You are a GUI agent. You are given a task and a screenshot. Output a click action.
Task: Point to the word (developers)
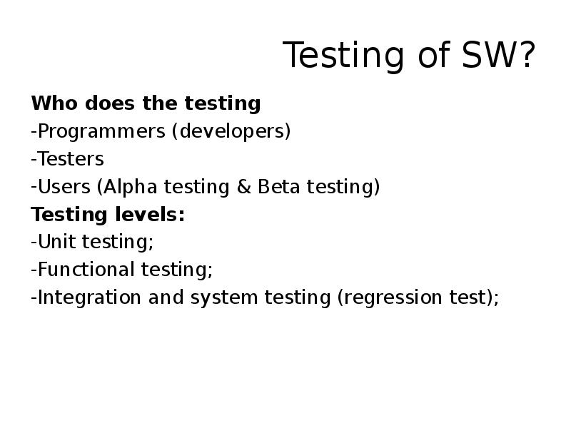(x=231, y=132)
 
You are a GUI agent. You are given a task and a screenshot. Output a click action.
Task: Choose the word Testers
(x=70, y=159)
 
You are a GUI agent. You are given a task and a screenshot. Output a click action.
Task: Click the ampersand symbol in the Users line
(x=243, y=187)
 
